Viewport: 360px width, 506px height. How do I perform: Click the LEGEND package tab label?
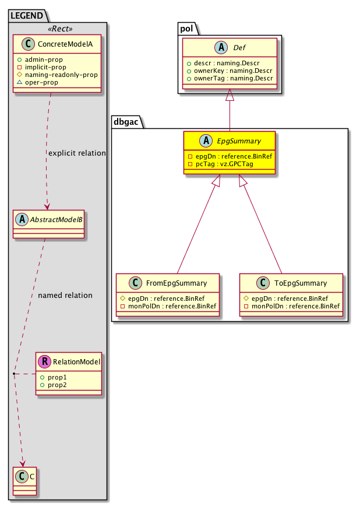pos(26,16)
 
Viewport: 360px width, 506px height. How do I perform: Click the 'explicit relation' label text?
pos(77,153)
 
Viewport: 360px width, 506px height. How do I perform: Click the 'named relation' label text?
pos(65,296)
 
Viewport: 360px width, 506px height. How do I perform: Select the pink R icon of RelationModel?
pos(44,363)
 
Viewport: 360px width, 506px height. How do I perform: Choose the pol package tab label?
pos(187,27)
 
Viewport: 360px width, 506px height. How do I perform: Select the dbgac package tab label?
pos(127,121)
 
